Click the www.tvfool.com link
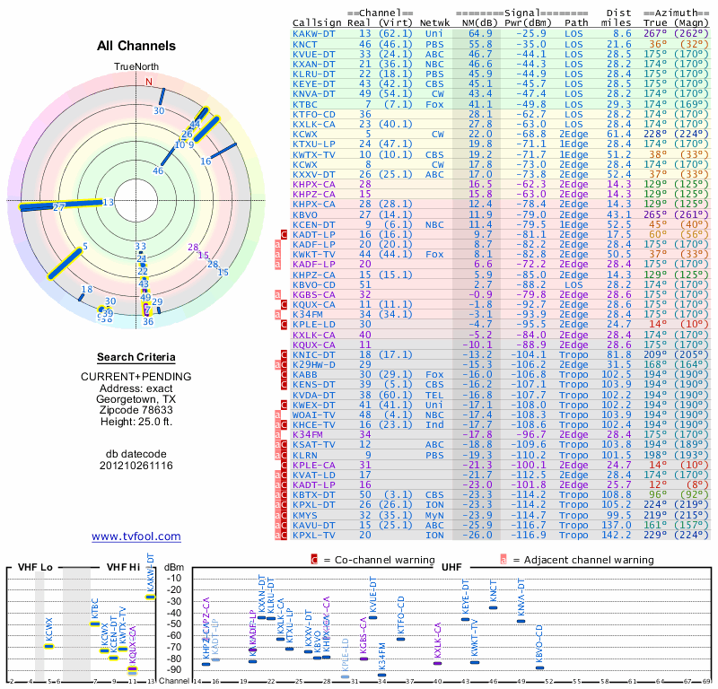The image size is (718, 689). (x=136, y=536)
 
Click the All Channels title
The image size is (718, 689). (x=136, y=46)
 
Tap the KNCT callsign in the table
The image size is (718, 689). (x=305, y=43)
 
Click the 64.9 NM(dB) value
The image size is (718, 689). (x=479, y=33)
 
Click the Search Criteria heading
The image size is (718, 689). (x=136, y=357)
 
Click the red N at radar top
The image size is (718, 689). (x=150, y=81)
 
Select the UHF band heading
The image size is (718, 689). (x=452, y=567)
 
